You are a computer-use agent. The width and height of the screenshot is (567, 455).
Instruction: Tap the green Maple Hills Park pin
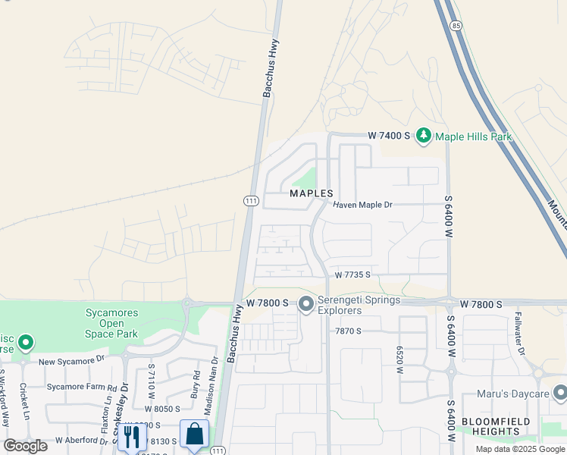(423, 136)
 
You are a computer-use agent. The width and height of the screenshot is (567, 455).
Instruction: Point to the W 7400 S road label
(389, 135)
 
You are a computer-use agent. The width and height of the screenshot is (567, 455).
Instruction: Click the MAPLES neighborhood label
(312, 193)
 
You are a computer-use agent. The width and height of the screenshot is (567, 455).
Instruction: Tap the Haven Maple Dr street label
(363, 205)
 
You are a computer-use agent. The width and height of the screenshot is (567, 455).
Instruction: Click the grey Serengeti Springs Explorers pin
(306, 304)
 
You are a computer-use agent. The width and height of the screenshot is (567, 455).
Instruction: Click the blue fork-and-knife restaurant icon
(132, 436)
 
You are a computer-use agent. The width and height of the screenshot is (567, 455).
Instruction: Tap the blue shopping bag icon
(195, 435)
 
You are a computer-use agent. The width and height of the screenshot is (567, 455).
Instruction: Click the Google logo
(25, 445)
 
